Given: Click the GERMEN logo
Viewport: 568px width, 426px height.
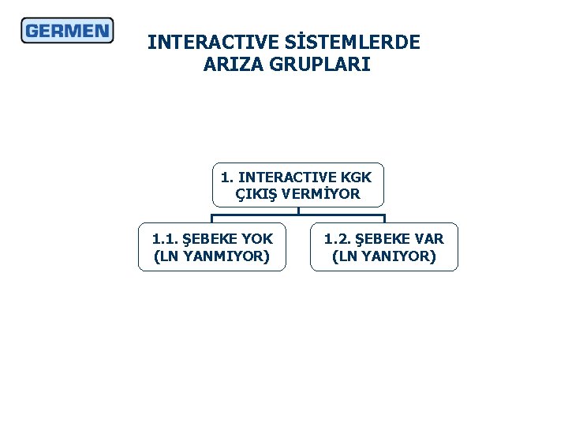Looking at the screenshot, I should pyautogui.click(x=67, y=31).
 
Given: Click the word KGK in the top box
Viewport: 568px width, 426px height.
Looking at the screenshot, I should pyautogui.click(x=357, y=176).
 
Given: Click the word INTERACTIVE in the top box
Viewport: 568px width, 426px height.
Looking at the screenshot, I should pyautogui.click(x=287, y=176).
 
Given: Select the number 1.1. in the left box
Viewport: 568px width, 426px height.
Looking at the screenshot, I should pyautogui.click(x=165, y=238).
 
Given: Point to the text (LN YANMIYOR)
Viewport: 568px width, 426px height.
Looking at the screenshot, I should pyautogui.click(x=211, y=256).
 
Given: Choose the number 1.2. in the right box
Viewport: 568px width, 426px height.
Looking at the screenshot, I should pyautogui.click(x=338, y=238).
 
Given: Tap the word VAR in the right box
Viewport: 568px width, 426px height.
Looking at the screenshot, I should pyautogui.click(x=428, y=238).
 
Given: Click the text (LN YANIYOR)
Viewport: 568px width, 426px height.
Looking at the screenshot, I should pyautogui.click(x=384, y=256).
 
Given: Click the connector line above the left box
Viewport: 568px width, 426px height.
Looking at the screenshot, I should pyautogui.click(x=212, y=219).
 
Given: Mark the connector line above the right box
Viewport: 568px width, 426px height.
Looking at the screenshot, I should pyautogui.click(x=384, y=219).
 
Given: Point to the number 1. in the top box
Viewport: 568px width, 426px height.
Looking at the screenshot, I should pyautogui.click(x=227, y=176).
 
